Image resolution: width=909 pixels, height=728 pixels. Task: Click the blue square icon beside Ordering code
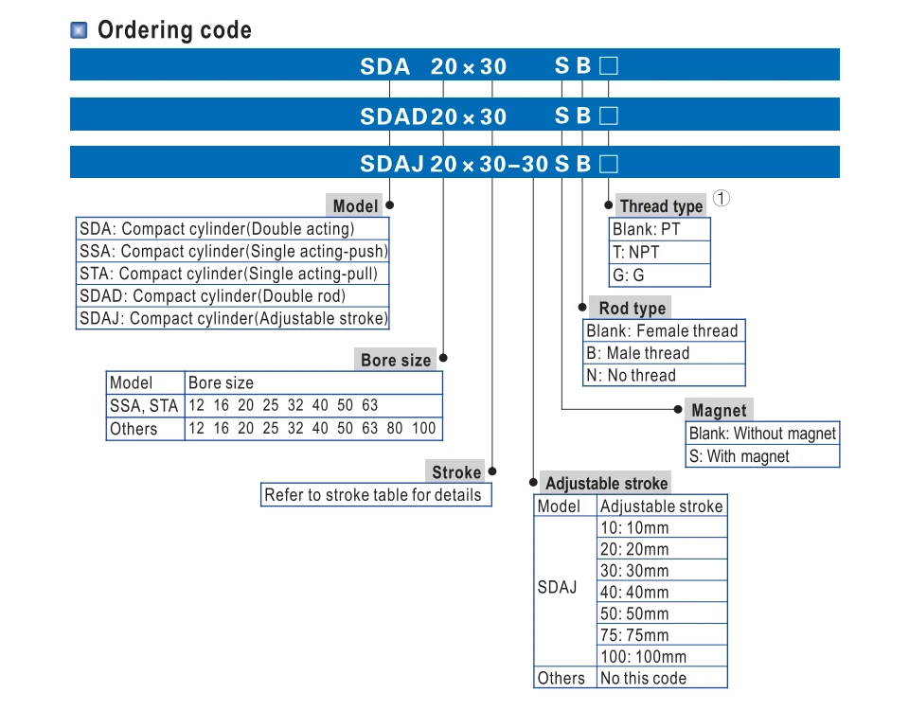tap(79, 30)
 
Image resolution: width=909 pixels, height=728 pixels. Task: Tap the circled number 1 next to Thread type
tap(721, 198)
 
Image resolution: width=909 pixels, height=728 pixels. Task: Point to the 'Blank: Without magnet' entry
tap(762, 434)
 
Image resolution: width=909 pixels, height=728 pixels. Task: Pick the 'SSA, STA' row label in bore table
tap(144, 406)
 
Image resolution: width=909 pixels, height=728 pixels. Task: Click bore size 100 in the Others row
tap(424, 428)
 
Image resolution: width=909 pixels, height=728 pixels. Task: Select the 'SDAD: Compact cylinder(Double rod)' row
tap(212, 296)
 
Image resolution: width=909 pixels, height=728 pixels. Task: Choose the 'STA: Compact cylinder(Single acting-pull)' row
tap(228, 274)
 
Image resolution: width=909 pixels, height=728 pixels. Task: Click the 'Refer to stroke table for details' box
tap(376, 495)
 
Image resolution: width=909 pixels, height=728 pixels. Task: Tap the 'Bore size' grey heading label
tap(396, 360)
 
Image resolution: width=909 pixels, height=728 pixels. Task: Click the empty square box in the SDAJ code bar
tap(608, 164)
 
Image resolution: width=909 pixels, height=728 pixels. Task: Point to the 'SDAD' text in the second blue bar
tap(394, 116)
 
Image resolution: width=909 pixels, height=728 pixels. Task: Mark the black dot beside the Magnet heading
tap(678, 409)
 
